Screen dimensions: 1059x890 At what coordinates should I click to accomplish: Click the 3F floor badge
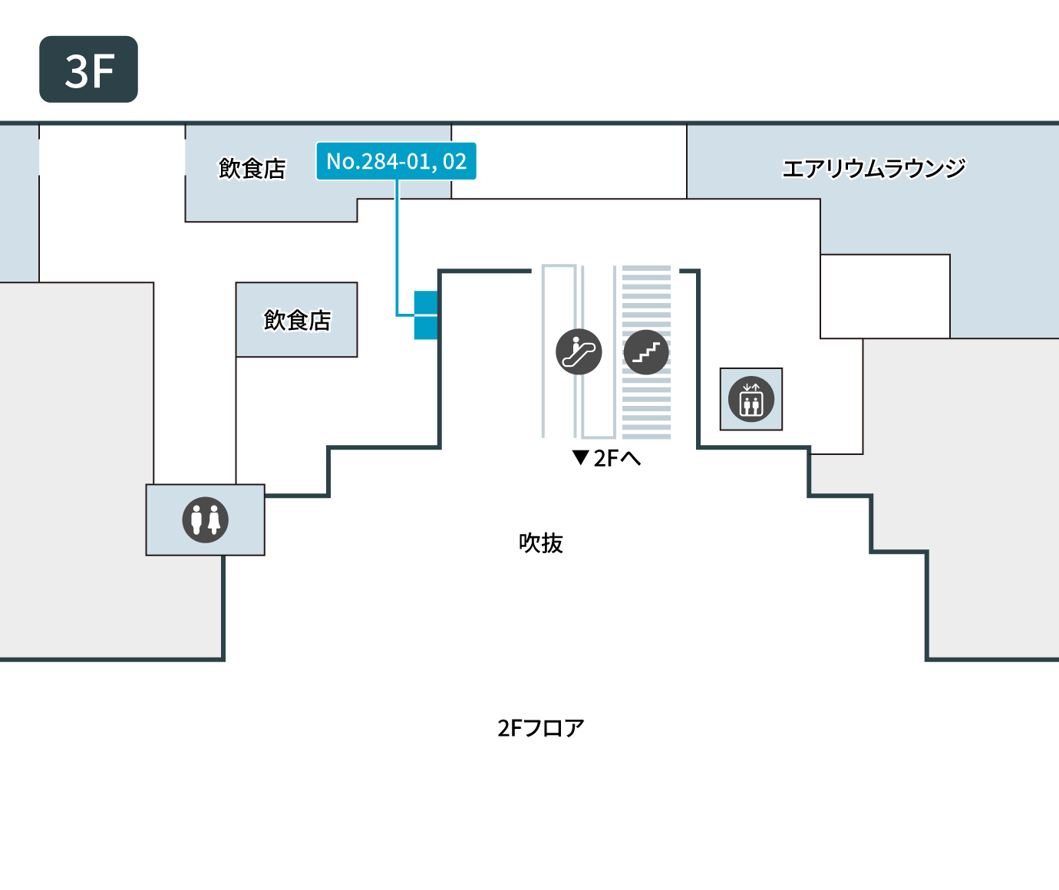[x=89, y=70]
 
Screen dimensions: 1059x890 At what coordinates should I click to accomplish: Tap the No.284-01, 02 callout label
[x=396, y=161]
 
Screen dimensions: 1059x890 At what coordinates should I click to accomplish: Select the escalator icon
[x=579, y=351]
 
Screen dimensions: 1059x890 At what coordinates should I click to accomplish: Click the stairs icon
[x=646, y=352]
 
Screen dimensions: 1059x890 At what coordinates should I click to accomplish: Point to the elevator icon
[x=751, y=399]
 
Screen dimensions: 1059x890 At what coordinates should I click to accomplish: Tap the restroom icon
[x=206, y=519]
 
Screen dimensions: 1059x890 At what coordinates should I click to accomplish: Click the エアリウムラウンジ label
[x=873, y=169]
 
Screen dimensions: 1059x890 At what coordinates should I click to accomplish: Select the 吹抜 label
[x=541, y=543]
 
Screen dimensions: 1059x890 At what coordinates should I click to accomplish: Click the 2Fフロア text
[x=541, y=728]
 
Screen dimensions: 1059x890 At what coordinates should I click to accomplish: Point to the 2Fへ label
[x=617, y=459]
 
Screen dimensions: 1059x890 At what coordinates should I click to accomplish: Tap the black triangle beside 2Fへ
[x=580, y=457]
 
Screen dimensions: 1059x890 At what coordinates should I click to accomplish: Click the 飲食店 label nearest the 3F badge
[x=252, y=169]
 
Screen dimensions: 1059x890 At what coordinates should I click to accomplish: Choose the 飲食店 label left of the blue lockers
[x=297, y=321]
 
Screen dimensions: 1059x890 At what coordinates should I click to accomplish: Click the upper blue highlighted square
[x=426, y=303]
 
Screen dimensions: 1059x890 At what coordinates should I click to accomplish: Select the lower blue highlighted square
[x=426, y=328]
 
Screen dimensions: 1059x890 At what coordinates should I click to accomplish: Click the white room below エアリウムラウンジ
[x=885, y=296]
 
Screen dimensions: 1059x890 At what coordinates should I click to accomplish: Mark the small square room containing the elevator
[x=751, y=399]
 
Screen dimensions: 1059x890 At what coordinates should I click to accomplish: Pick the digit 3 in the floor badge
[x=77, y=71]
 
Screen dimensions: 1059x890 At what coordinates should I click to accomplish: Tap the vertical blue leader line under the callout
[x=397, y=248]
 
